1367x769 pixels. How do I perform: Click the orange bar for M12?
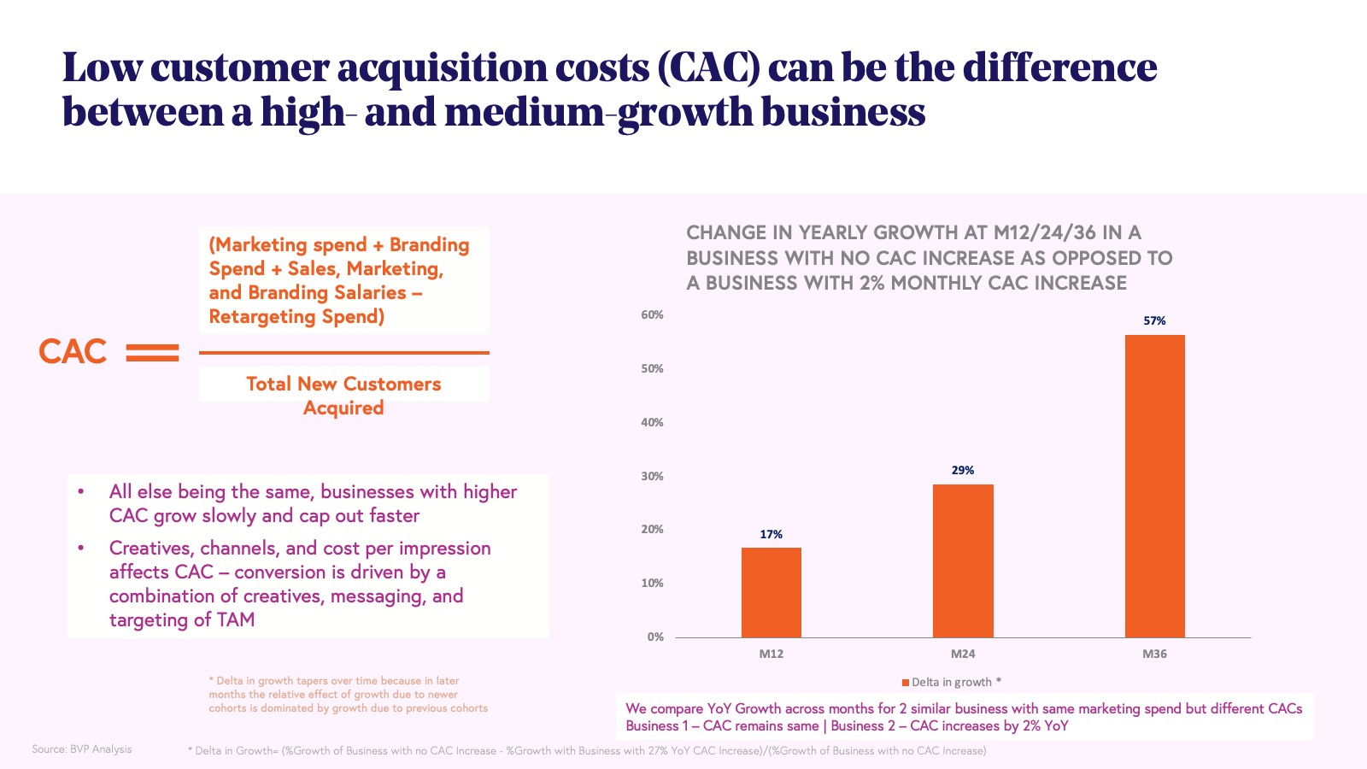(771, 592)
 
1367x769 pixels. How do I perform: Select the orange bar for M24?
(963, 561)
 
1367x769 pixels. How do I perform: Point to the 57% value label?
(1154, 321)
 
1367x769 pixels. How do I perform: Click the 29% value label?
(963, 471)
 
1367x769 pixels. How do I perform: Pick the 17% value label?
(771, 535)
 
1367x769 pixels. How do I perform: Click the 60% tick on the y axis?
(652, 315)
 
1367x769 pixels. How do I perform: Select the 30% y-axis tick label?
(652, 477)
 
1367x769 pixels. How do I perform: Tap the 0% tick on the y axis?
(655, 637)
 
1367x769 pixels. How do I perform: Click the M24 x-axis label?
(963, 655)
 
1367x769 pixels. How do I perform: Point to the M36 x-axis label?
(1154, 655)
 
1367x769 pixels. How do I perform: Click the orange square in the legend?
(906, 683)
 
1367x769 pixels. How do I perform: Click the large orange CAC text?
(73, 352)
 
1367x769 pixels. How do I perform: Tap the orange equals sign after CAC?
(153, 353)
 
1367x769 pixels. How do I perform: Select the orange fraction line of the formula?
(343, 352)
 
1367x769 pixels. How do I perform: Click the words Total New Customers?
(343, 384)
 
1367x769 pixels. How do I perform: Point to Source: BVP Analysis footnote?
(82, 749)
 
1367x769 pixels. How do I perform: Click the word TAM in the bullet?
(236, 620)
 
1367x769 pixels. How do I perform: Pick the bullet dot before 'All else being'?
(81, 492)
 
